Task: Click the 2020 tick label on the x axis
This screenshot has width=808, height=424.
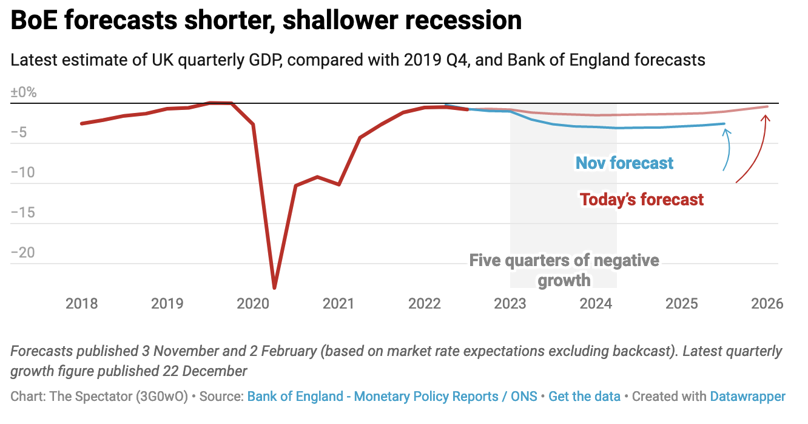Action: click(253, 303)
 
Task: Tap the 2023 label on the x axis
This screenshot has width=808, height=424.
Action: click(510, 303)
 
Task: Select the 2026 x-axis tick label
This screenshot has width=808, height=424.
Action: click(767, 303)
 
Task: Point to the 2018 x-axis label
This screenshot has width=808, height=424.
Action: click(82, 303)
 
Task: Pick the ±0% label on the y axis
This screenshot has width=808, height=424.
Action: click(24, 93)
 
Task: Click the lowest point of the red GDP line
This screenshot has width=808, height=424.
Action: click(275, 287)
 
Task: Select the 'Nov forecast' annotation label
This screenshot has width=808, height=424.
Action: click(624, 163)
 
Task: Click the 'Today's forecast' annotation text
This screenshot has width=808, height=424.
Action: click(642, 199)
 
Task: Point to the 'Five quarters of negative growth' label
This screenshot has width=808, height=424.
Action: click(564, 270)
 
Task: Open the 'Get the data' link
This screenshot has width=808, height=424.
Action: click(584, 397)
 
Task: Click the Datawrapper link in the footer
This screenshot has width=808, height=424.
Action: click(747, 397)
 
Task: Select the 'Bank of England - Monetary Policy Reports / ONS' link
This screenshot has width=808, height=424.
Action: click(392, 397)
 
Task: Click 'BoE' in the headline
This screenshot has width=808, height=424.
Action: click(33, 21)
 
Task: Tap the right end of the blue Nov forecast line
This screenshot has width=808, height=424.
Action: click(724, 124)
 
